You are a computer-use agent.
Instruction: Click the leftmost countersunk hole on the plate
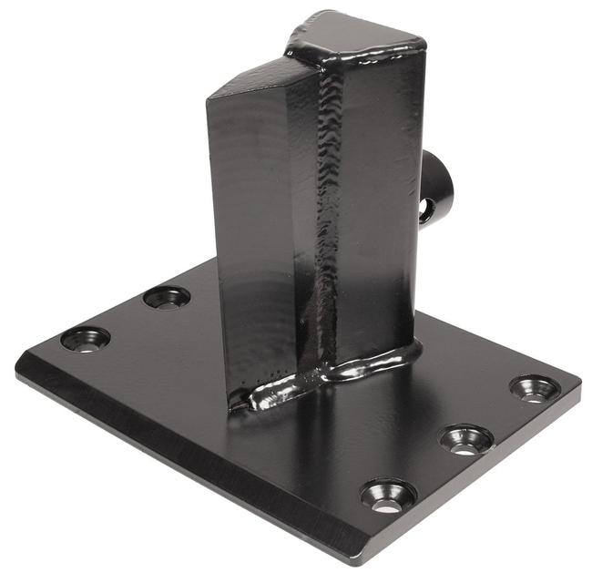[85, 339]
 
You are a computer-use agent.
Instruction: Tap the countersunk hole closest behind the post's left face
[167, 297]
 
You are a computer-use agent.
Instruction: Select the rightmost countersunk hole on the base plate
[534, 388]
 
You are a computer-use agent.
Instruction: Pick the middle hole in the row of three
[466, 440]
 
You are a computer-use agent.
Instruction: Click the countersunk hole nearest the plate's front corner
[388, 496]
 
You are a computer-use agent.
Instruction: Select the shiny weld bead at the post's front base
[273, 394]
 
